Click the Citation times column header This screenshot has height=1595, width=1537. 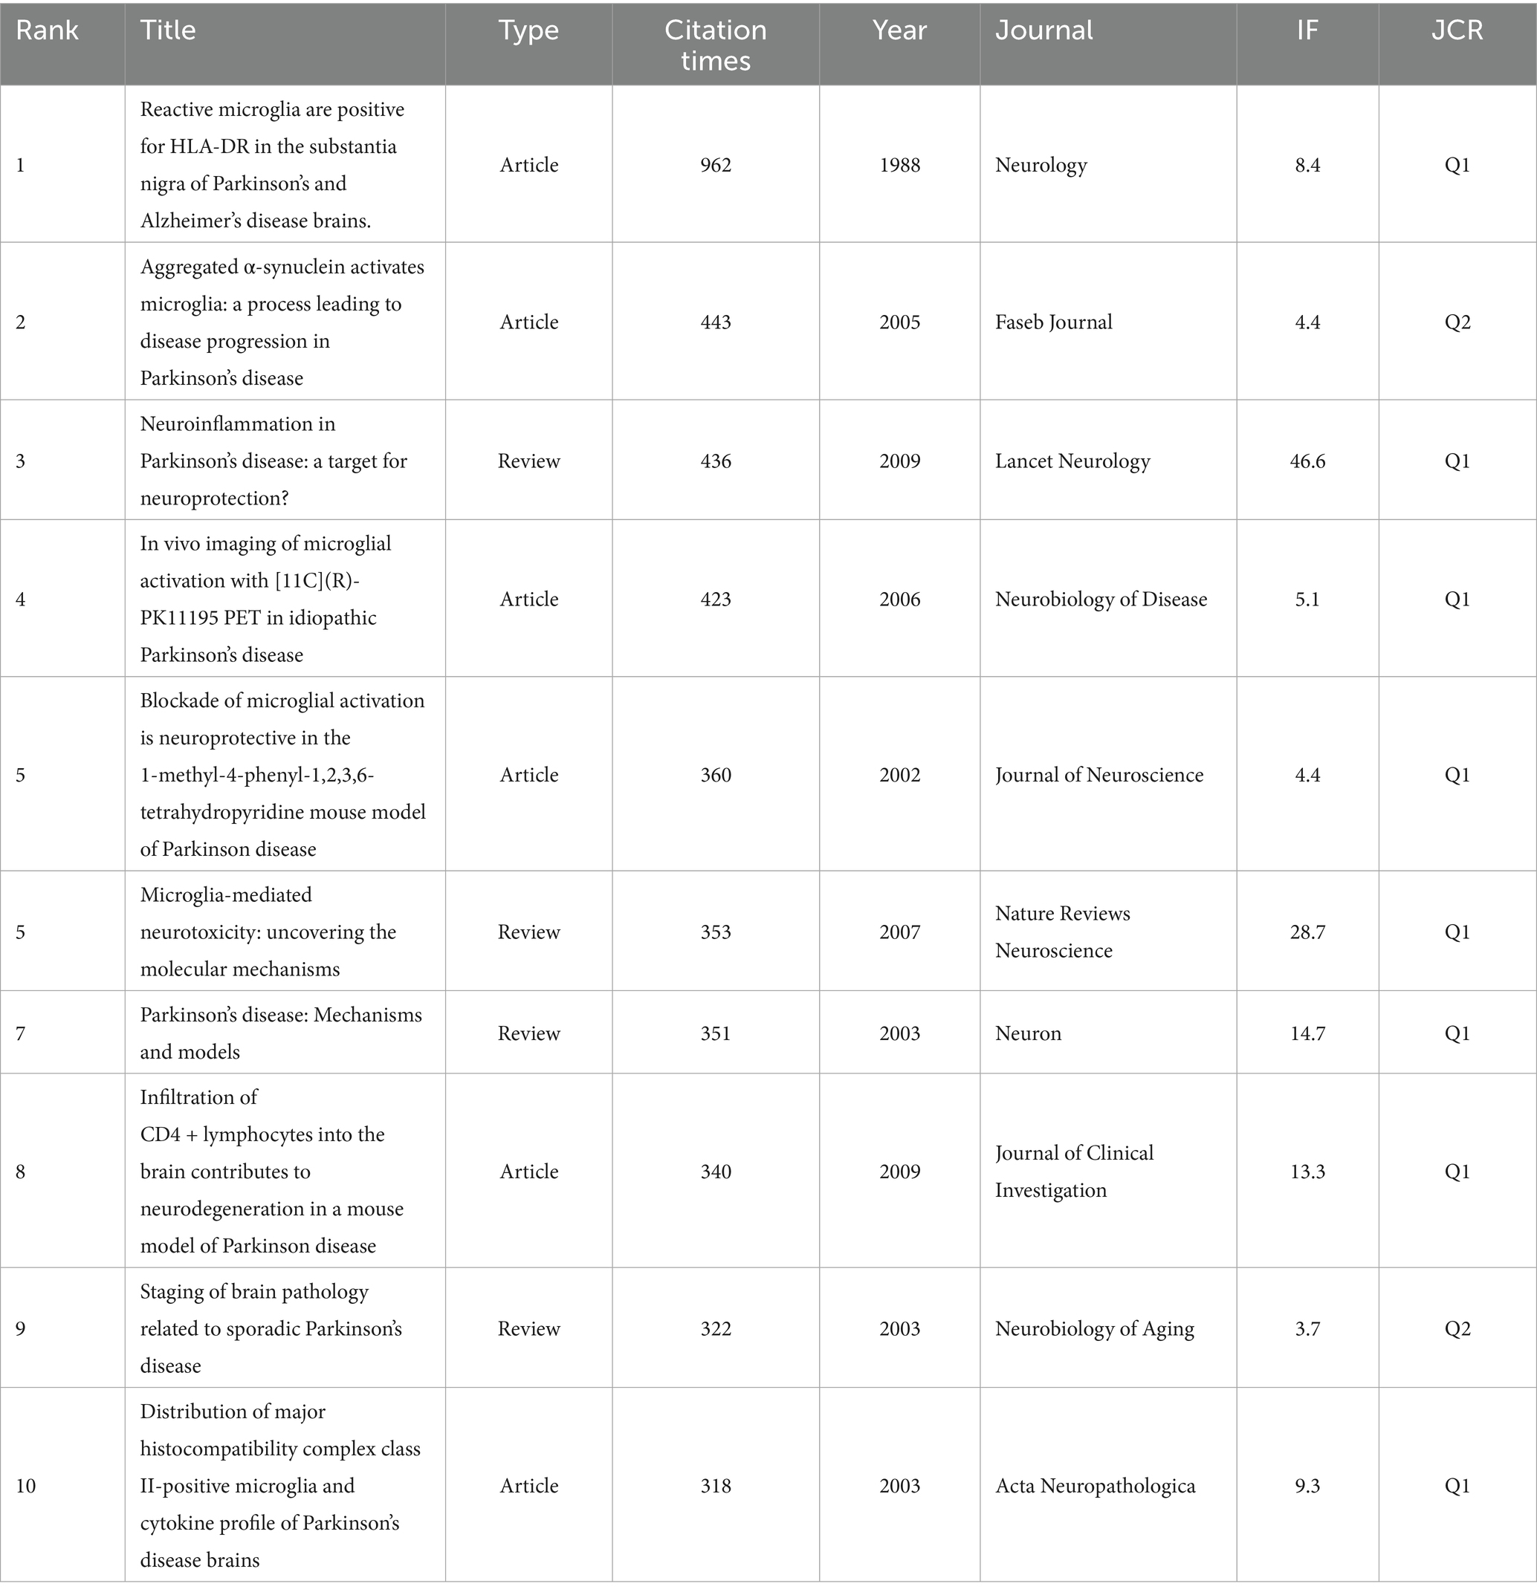click(715, 45)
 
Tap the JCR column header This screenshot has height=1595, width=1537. click(1457, 31)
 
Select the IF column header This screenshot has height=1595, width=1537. click(1307, 31)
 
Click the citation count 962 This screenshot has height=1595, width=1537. click(716, 165)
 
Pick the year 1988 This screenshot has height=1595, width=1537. click(899, 165)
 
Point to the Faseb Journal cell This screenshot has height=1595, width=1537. click(1053, 322)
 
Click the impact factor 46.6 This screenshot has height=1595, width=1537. click(1307, 461)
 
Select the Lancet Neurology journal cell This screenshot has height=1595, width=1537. click(1072, 461)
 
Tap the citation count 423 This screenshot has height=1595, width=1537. click(716, 600)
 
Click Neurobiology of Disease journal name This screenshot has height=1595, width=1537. click(1101, 600)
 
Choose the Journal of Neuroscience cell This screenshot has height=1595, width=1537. click(1099, 775)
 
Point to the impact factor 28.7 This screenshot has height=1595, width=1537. click(1307, 932)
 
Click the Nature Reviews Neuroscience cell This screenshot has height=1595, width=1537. click(1062, 932)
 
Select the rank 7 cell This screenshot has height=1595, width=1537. click(21, 1033)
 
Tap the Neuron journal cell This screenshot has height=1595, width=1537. click(1028, 1033)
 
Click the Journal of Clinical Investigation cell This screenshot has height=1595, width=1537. click(1074, 1172)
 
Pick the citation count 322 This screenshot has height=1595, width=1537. click(716, 1329)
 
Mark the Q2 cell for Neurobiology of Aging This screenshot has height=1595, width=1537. click(1457, 1329)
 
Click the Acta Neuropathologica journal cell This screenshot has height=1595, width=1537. click(1095, 1486)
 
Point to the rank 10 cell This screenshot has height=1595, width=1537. click(26, 1486)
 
